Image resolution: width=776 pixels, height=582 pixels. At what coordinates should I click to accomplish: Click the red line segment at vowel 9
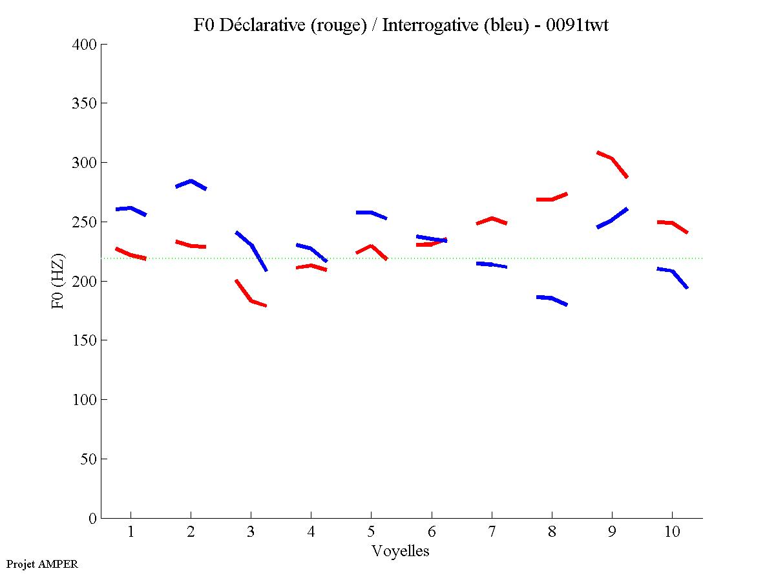tap(611, 158)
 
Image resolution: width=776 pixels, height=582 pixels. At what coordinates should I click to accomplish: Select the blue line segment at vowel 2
tap(191, 182)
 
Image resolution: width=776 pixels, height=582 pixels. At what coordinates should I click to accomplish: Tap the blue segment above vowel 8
tap(551, 298)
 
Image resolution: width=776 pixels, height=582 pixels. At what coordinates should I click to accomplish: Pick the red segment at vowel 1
tap(131, 255)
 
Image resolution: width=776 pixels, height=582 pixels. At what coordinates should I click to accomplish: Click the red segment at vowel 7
tap(492, 218)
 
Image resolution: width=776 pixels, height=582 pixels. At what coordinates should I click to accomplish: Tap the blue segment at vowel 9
tap(611, 220)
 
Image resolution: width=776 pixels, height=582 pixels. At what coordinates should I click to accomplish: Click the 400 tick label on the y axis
tap(85, 45)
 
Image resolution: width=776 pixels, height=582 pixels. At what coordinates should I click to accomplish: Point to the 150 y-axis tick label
tap(85, 340)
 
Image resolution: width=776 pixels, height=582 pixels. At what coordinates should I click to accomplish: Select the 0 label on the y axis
tap(93, 518)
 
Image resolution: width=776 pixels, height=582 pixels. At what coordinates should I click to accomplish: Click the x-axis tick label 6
tap(431, 532)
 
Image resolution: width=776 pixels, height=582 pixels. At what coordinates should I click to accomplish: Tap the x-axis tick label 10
tap(672, 532)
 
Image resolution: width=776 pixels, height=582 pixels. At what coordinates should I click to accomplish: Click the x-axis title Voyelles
tap(401, 551)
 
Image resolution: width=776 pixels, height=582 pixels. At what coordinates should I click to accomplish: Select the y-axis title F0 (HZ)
tap(58, 281)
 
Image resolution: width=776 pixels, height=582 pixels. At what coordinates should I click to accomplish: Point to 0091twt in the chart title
tap(576, 25)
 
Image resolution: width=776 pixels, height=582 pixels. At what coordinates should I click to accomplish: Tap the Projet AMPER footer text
tap(42, 564)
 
